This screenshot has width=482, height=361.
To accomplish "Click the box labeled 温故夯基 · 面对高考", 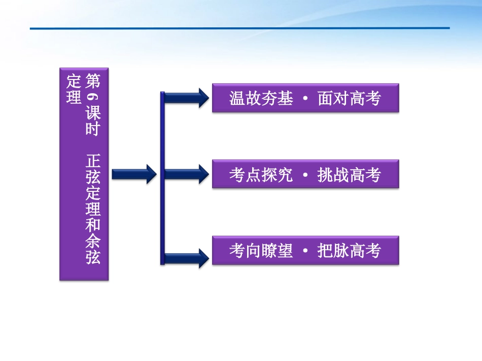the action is pos(305,98).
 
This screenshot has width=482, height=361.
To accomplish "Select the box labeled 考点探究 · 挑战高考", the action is pos(305,175).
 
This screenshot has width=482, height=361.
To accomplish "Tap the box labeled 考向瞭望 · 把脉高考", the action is pos(305,251).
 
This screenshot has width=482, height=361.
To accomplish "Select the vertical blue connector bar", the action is pos(162,177).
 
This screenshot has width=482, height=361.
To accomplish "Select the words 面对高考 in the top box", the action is pos(349,98).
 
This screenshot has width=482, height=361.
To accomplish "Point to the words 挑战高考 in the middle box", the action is pos(349,175).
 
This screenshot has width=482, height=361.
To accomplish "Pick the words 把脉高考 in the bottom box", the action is pos(349,251).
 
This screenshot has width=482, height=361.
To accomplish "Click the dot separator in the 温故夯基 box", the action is pos(305,99).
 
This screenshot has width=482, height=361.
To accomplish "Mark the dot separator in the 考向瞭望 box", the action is pos(305,251).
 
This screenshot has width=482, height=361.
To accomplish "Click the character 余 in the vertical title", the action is pos(93,240).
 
